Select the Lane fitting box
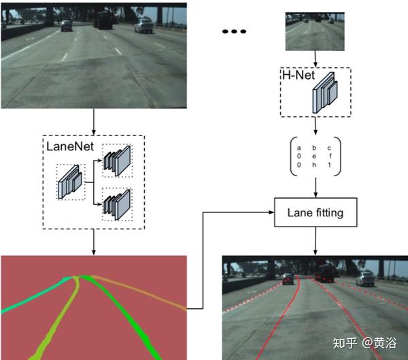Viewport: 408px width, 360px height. pos(315,212)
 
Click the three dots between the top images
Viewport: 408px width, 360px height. pos(233,32)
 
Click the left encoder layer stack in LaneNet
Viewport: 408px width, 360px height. pos(71,180)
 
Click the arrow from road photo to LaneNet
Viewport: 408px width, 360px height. pos(93,121)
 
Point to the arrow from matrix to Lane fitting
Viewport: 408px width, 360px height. pos(315,185)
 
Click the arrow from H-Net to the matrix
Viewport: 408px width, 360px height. pos(315,127)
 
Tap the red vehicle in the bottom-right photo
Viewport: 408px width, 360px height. pos(326,274)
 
